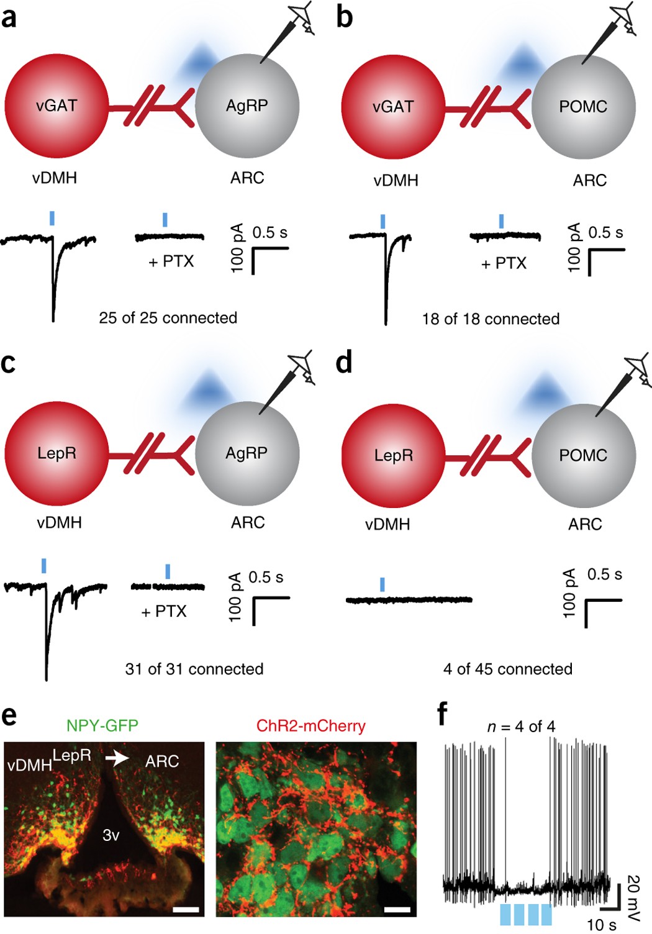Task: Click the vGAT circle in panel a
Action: coord(57,106)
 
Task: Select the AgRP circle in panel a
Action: coord(247,106)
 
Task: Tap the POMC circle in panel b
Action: coord(583,107)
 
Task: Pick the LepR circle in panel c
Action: coord(57,453)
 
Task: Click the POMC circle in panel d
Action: coord(583,455)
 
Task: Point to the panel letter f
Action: coord(442,715)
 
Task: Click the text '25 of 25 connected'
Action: coord(168,318)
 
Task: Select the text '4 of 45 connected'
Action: coord(507,669)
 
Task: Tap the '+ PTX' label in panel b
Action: coord(504,263)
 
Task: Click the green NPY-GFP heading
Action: coord(102,725)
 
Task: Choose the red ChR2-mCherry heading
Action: coord(310,725)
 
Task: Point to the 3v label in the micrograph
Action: coord(111,835)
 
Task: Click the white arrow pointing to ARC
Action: coord(118,758)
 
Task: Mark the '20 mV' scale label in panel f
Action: coord(633,892)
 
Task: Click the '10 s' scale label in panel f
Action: coord(601,925)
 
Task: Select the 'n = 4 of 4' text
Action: coord(521,726)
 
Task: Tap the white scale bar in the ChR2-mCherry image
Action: coord(397,910)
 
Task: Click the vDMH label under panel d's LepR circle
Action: coord(387,524)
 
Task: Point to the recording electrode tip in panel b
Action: coord(584,62)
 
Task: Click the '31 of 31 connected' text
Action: coord(194,669)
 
